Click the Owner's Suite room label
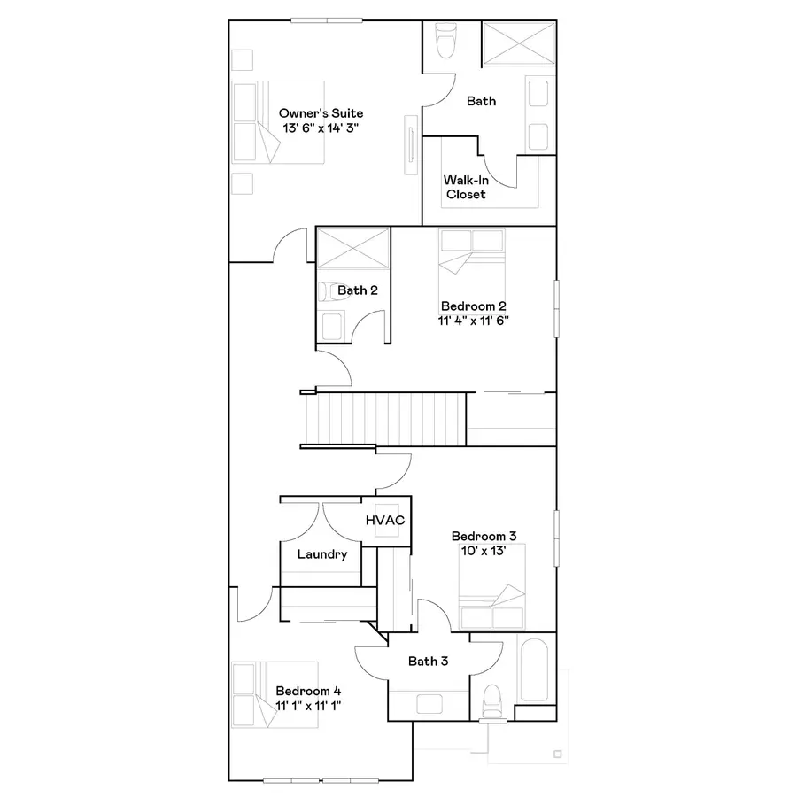click(321, 113)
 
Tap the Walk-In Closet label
click(466, 187)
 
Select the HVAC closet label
click(385, 520)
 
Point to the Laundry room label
click(322, 555)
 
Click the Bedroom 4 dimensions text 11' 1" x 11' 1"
click(308, 706)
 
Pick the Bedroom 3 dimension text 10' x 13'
click(484, 550)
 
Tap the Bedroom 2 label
click(474, 306)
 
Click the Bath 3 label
click(428, 661)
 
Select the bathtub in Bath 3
click(534, 670)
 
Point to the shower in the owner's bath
click(518, 42)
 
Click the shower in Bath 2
click(353, 249)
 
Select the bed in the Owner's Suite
click(278, 122)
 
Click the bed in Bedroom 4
click(275, 695)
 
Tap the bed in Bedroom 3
click(491, 588)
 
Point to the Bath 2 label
click(358, 290)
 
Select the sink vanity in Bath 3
click(430, 703)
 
